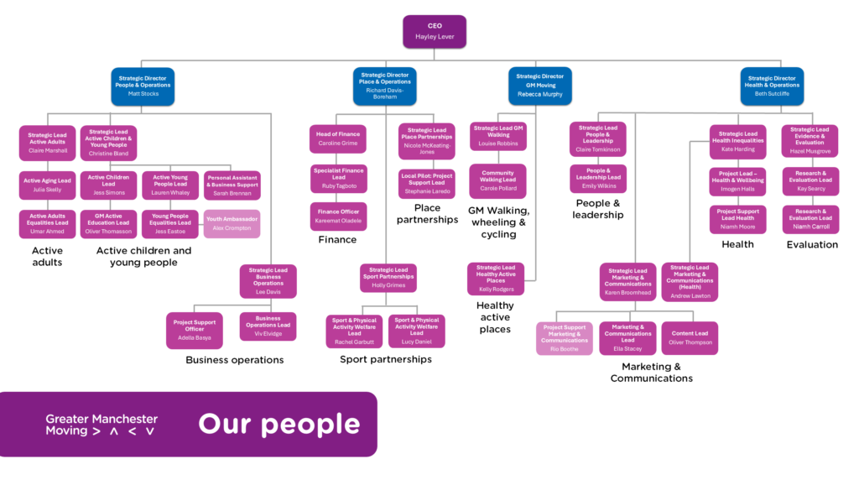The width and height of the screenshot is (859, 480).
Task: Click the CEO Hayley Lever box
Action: tap(434, 32)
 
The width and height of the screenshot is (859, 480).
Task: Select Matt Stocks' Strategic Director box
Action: tap(143, 86)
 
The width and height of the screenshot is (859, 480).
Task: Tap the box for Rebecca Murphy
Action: tap(539, 86)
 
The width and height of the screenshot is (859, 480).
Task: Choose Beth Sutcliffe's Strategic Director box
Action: tap(772, 85)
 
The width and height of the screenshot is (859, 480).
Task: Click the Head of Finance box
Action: tap(338, 138)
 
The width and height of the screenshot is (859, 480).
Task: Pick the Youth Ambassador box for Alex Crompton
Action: tap(232, 223)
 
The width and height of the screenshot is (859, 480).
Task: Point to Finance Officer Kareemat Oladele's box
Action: tap(338, 216)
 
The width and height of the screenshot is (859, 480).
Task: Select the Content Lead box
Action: tap(690, 337)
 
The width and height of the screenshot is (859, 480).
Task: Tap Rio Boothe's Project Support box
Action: tap(565, 338)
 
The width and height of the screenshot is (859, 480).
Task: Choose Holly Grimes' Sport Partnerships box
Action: tap(388, 279)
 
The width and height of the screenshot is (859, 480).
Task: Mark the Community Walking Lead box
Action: tap(498, 181)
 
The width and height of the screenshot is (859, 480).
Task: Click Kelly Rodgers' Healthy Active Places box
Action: tap(496, 279)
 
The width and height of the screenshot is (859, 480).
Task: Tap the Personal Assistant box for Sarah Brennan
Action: tap(232, 185)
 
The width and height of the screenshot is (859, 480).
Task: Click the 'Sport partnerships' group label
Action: tap(386, 359)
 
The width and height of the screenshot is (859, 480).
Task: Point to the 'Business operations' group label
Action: tap(235, 360)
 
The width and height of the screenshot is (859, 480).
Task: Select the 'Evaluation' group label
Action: tap(812, 245)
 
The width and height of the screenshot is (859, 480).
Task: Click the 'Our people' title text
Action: tap(279, 425)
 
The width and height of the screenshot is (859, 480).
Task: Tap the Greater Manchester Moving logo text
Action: tap(102, 425)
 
